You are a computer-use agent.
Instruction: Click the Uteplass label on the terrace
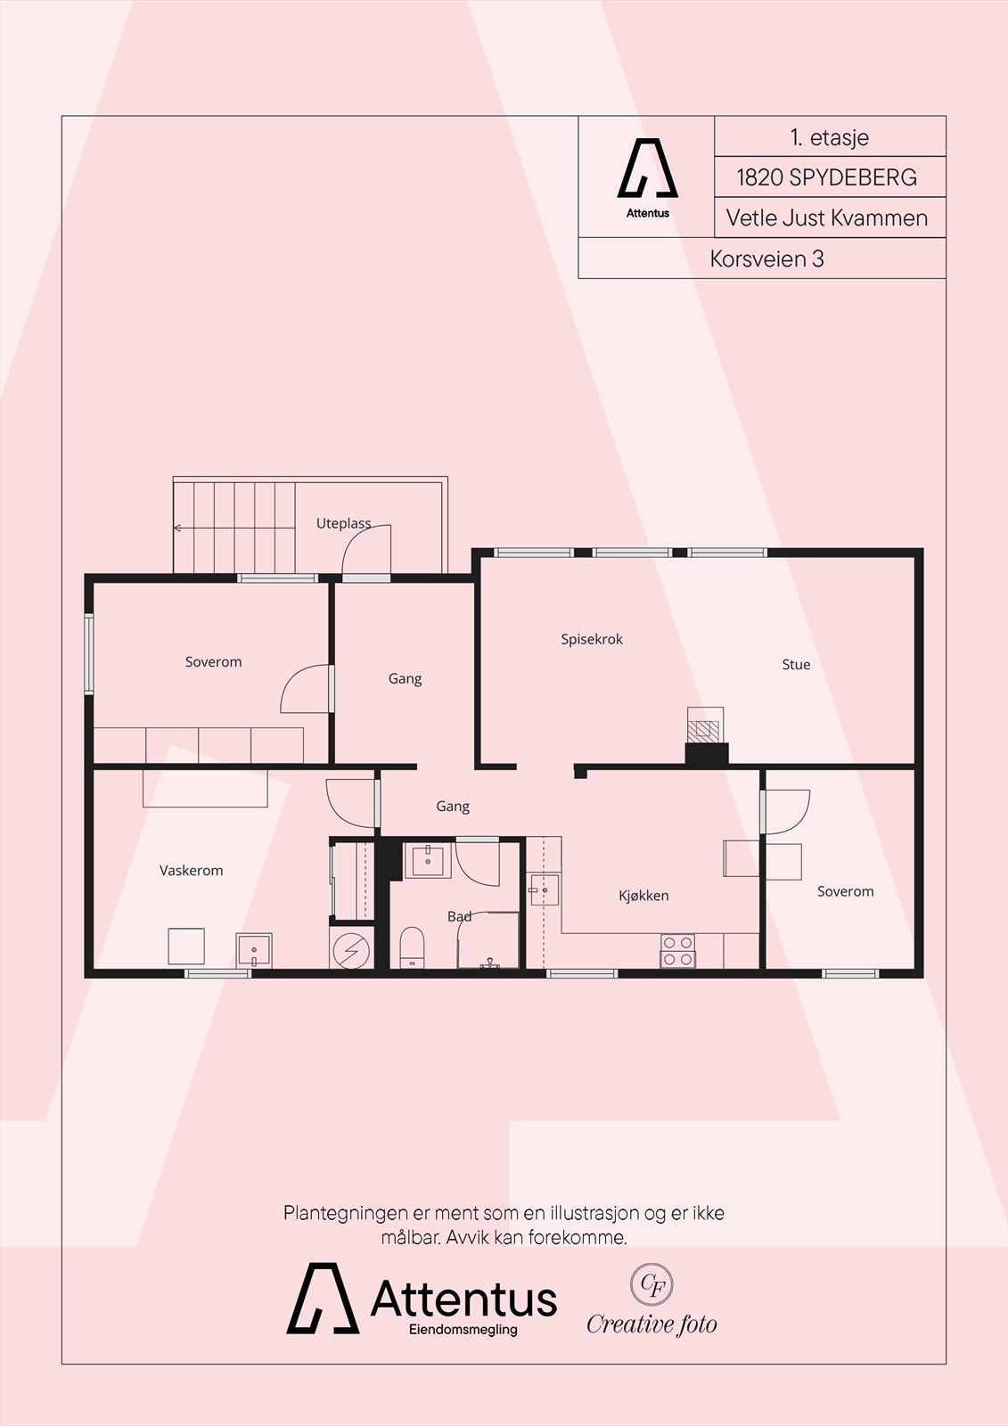343,523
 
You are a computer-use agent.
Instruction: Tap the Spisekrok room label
592,639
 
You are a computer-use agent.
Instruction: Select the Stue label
796,664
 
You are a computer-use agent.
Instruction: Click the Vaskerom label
192,870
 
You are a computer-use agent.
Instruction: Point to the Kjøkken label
643,896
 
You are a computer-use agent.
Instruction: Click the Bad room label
460,916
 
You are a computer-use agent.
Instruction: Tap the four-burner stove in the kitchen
677,950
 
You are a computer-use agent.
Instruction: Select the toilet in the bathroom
412,946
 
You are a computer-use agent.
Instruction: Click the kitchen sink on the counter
544,889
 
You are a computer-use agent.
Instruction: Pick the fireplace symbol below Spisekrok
706,731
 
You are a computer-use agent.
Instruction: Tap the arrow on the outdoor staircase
178,529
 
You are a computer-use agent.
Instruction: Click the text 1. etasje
829,137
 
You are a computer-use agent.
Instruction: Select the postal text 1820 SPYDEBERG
826,177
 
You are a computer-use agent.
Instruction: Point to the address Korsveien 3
766,258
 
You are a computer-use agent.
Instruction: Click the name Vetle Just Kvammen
827,217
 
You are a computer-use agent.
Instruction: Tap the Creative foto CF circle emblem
652,1284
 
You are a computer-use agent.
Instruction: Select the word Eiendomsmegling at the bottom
463,1330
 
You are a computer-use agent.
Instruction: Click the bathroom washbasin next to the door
428,861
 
